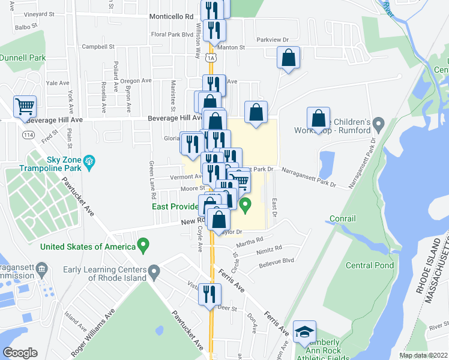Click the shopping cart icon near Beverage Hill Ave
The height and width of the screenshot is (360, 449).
pos(25,107)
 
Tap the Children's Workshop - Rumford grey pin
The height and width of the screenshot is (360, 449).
pos(378,125)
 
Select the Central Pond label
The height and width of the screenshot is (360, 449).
pos(370,265)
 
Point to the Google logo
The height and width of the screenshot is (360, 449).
pos(20,353)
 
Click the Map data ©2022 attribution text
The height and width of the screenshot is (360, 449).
pos(423,355)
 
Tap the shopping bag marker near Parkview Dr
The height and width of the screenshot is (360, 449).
pos(289,58)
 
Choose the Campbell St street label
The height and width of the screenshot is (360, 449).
pos(98,46)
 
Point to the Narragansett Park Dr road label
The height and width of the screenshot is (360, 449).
pos(309,178)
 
